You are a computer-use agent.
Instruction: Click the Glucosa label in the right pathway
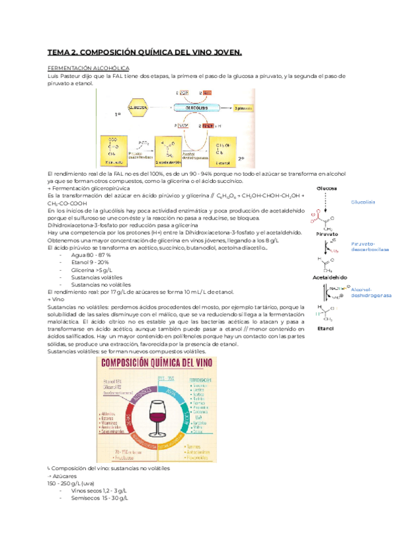pyautogui.click(x=327, y=188)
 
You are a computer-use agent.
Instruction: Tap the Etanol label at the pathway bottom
pyautogui.click(x=326, y=327)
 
